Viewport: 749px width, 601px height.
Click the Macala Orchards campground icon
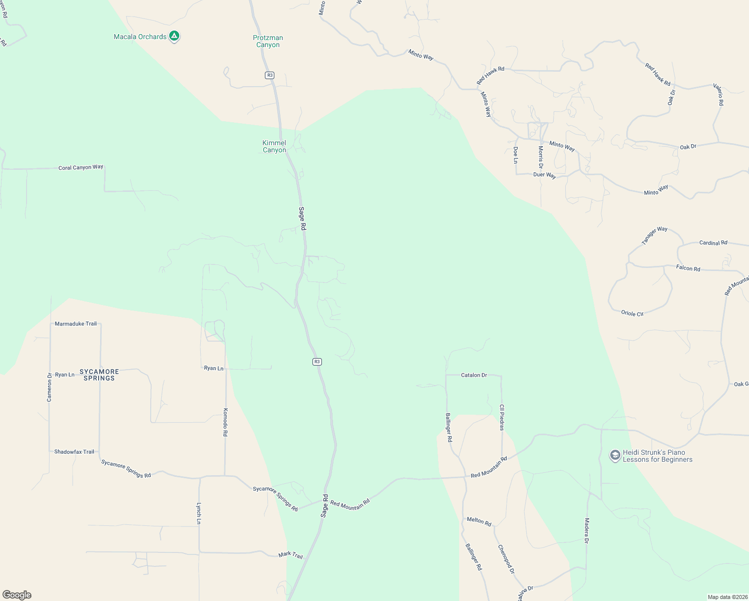pos(174,36)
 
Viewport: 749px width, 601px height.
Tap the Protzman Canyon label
pos(268,41)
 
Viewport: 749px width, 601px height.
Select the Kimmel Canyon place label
pos(274,146)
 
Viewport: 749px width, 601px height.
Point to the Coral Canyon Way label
pos(81,167)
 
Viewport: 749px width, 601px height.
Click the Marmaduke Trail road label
pos(76,324)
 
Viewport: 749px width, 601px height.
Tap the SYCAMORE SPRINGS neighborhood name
pos(99,375)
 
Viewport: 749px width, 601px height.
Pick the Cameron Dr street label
pos(50,387)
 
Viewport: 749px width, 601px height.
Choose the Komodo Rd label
pos(225,422)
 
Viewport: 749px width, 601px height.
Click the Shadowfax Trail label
pos(74,452)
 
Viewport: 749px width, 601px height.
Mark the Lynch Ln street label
pos(199,513)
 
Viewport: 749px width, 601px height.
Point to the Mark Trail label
pos(291,555)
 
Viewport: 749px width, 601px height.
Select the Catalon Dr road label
pos(474,375)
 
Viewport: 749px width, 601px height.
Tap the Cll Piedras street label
pos(502,417)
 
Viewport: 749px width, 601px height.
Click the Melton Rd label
pos(479,521)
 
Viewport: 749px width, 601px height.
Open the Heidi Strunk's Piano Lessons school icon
pos(615,456)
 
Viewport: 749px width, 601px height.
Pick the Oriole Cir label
pos(632,313)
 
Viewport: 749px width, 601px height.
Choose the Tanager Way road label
pos(654,235)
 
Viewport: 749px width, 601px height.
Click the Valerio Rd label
pos(718,94)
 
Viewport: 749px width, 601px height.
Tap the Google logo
pos(17,595)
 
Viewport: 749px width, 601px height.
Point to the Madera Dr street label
pos(586,530)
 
